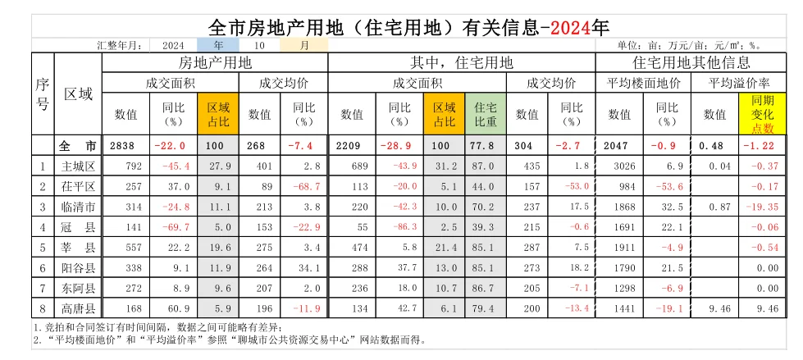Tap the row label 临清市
79,206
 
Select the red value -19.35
765,206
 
